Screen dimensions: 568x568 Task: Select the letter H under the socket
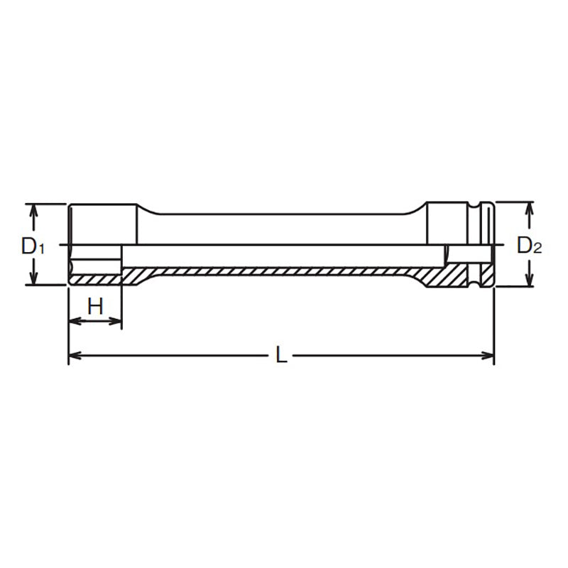95,307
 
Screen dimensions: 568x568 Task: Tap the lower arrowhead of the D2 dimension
529,281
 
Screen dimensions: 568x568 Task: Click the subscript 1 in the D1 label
42,249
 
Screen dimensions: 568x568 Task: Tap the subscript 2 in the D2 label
539,249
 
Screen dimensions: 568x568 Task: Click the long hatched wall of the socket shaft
284,272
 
